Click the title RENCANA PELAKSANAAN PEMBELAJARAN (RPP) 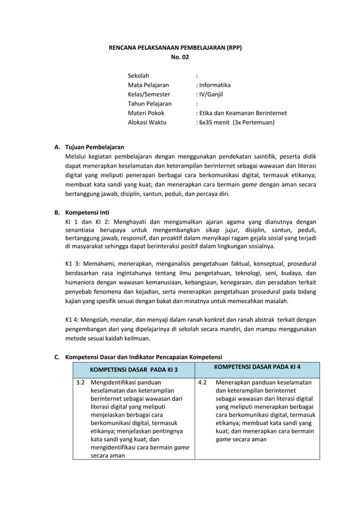pos(175,48)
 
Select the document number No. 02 pos(180,58)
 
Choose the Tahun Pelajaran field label pos(150,104)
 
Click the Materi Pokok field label pos(146,113)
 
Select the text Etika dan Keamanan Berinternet pos(242,113)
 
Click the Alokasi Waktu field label pos(148,122)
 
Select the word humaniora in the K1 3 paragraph pos(82,282)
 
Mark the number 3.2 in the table pos(81,383)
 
